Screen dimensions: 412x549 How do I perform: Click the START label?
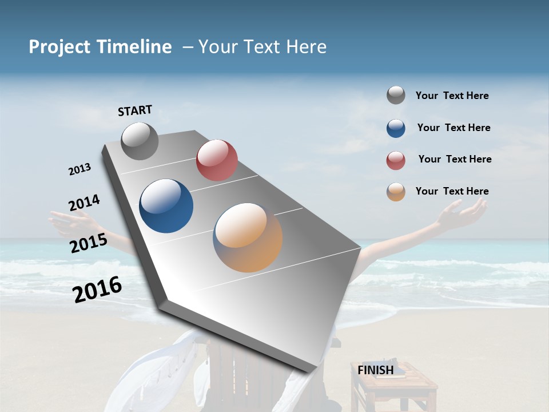click(135, 110)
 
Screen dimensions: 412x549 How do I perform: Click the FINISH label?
click(375, 370)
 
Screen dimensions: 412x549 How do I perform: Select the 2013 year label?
click(79, 169)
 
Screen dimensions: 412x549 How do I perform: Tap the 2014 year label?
click(84, 203)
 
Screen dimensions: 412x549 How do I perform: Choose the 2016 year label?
click(97, 290)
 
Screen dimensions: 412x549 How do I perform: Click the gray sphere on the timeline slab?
click(140, 141)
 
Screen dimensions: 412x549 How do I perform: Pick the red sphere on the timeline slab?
click(217, 160)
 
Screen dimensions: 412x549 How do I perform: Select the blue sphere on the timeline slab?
click(166, 206)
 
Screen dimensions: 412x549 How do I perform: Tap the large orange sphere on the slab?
click(248, 237)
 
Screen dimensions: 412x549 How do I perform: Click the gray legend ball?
click(396, 96)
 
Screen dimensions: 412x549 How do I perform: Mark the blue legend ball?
click(396, 128)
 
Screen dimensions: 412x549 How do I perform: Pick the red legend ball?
click(396, 160)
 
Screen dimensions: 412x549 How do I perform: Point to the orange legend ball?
click(396, 192)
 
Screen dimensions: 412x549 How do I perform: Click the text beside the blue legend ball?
click(453, 128)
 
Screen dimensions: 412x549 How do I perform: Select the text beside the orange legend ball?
click(452, 191)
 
